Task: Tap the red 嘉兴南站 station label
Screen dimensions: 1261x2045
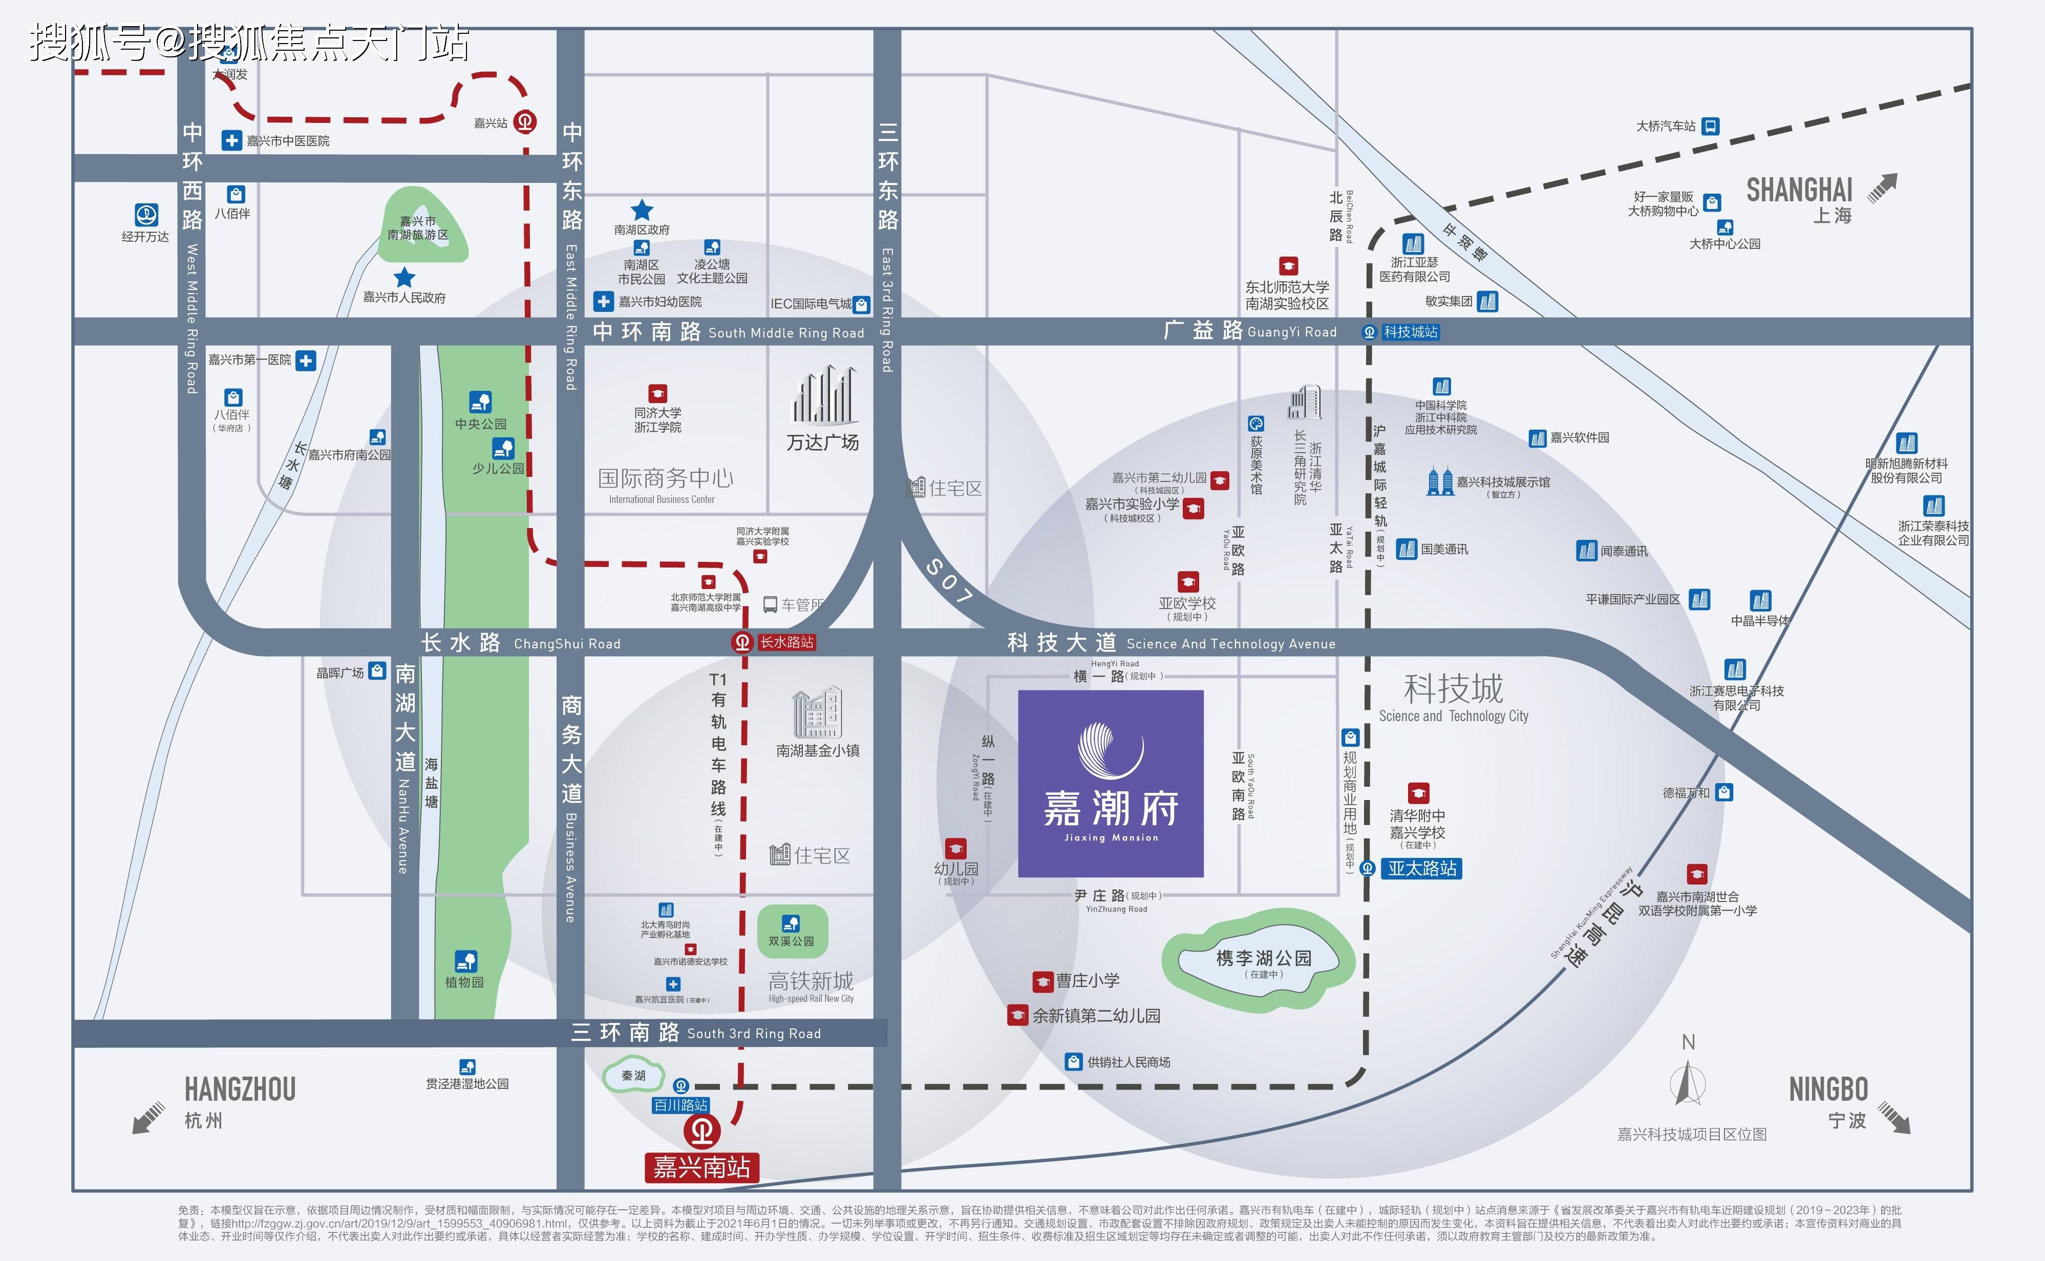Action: point(702,1167)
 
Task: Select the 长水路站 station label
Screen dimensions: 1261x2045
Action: point(786,642)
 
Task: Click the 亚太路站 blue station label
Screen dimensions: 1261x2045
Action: point(1422,868)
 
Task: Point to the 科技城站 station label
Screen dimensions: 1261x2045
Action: point(1411,332)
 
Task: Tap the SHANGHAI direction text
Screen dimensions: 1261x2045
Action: point(1799,191)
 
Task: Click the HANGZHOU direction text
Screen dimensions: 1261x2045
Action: point(240,1089)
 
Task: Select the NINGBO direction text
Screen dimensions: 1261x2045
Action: point(1828,1089)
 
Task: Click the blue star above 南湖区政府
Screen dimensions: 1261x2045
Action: point(641,210)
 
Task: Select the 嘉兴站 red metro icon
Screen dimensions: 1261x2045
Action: point(524,122)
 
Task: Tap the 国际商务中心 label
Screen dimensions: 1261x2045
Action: point(665,478)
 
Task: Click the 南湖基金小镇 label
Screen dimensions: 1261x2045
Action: point(818,750)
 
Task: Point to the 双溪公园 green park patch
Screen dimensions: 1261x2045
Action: point(792,931)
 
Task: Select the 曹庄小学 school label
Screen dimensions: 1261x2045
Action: point(1087,981)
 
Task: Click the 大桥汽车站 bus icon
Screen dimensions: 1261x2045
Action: point(1710,126)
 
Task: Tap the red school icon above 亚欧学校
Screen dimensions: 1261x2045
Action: point(1188,581)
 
